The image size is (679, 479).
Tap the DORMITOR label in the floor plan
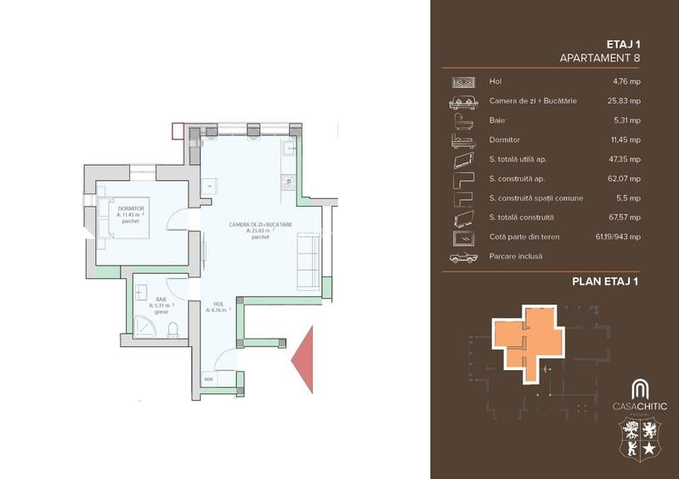click(x=131, y=208)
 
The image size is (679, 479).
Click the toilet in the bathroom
click(x=173, y=328)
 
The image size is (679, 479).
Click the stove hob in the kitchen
click(x=288, y=180)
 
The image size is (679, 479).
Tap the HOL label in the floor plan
click(x=218, y=304)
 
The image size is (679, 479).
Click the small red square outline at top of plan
click(x=178, y=131)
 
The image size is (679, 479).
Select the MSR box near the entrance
click(x=208, y=379)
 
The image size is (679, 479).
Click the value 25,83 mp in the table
click(x=626, y=100)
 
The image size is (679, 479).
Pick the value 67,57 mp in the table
click(x=626, y=217)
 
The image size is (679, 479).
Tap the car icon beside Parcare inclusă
click(x=463, y=256)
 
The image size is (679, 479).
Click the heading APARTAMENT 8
click(x=600, y=58)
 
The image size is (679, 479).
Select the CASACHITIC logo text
click(x=639, y=407)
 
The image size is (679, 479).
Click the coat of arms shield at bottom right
click(x=639, y=442)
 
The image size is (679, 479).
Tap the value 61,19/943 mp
click(x=618, y=237)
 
